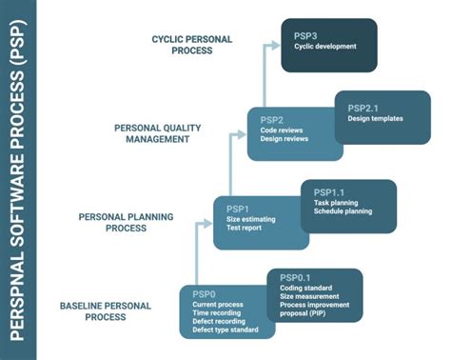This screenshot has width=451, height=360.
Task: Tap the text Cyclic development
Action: pyautogui.click(x=325, y=46)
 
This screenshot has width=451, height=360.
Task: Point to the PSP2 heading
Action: pyautogui.click(x=272, y=118)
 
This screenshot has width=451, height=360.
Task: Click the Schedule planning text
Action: pyautogui.click(x=343, y=211)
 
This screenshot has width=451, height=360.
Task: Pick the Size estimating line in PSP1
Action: pyautogui.click(x=251, y=219)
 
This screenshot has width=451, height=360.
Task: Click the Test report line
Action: pyautogui.click(x=245, y=229)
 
